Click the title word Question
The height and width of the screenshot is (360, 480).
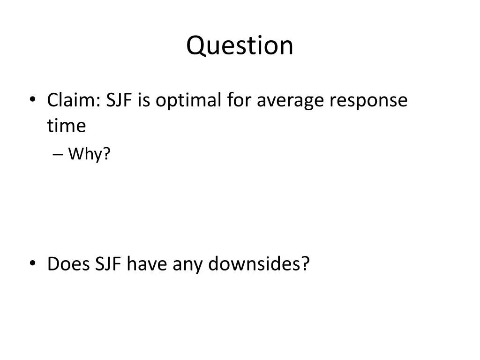[240, 46]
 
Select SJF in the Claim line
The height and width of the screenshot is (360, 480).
[119, 100]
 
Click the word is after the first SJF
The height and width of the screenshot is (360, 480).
[144, 100]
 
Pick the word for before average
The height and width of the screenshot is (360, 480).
[239, 100]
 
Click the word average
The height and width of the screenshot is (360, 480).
[292, 101]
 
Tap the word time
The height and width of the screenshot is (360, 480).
[66, 125]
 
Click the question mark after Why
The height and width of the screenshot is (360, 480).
[107, 153]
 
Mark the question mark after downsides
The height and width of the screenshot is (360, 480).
[306, 264]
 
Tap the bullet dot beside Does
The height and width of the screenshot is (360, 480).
[32, 263]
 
